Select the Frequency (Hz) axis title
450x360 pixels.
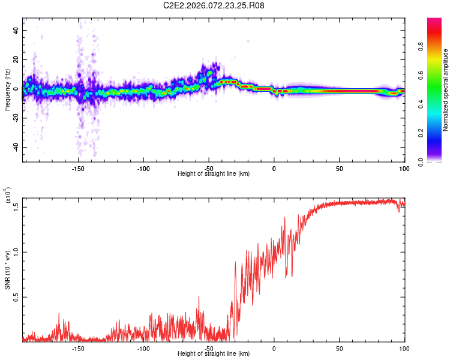tap(7, 90)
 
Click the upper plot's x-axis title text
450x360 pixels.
tap(214, 174)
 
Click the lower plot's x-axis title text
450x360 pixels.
tap(214, 354)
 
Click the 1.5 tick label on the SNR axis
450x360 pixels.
tap(16, 207)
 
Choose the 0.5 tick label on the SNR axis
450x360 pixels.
tap(16, 297)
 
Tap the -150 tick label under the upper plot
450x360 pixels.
tap(78, 169)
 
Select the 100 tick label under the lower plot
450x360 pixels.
tap(404, 348)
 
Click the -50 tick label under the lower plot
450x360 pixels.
tap(209, 348)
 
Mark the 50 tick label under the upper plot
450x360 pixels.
tap(339, 169)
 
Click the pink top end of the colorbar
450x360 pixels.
tap(434, 22)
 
